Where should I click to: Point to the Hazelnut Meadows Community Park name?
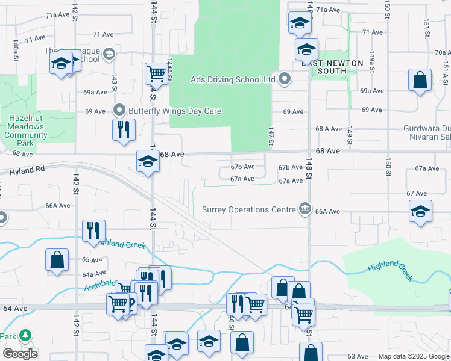click(x=25, y=128)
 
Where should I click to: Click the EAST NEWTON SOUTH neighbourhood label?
click(x=333, y=67)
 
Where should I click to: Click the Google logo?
click(x=20, y=354)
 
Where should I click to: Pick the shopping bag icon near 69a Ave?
click(x=420, y=80)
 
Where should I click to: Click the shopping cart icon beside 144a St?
click(x=156, y=73)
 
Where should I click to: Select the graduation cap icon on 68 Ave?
click(x=148, y=161)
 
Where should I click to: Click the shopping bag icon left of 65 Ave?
click(x=57, y=260)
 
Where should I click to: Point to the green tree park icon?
click(x=25, y=335)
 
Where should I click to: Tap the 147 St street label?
click(x=271, y=136)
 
